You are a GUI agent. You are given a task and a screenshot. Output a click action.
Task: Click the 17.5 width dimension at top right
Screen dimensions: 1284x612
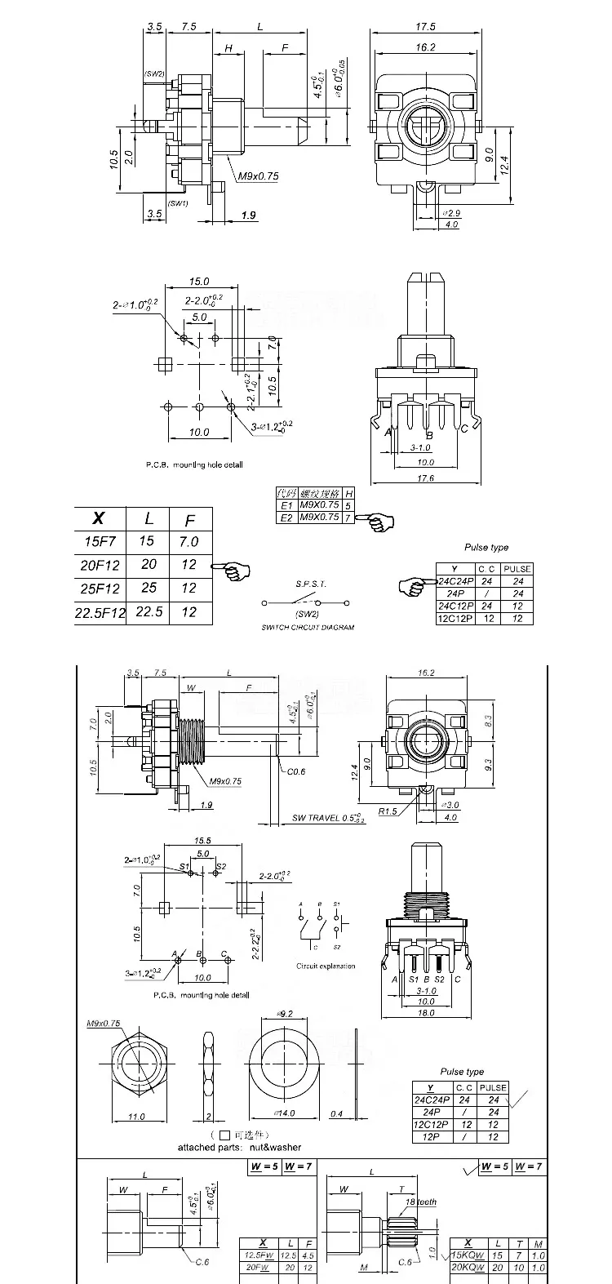pos(424,25)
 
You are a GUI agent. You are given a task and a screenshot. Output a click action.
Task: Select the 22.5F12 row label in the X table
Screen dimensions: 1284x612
pos(100,612)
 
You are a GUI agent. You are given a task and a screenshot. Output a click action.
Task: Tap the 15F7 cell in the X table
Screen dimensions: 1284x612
pos(100,541)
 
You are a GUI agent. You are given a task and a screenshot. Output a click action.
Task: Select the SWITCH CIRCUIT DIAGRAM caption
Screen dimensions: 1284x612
pos(308,627)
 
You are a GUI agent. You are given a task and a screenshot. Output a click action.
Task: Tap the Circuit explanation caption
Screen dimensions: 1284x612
pos(326,966)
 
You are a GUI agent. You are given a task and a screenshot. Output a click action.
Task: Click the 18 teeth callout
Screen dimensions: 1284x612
pos(420,1203)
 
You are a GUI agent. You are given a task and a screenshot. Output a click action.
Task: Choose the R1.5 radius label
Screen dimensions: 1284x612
pos(389,812)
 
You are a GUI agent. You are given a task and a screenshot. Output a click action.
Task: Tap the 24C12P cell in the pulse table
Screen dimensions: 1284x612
pos(455,606)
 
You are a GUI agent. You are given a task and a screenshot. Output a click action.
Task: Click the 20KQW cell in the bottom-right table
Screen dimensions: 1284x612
pos(468,1268)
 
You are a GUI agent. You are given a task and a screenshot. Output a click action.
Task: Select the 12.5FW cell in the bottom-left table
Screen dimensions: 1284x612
pos(259,1255)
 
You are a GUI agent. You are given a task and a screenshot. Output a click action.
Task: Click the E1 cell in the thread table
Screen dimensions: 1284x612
pos(286,505)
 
